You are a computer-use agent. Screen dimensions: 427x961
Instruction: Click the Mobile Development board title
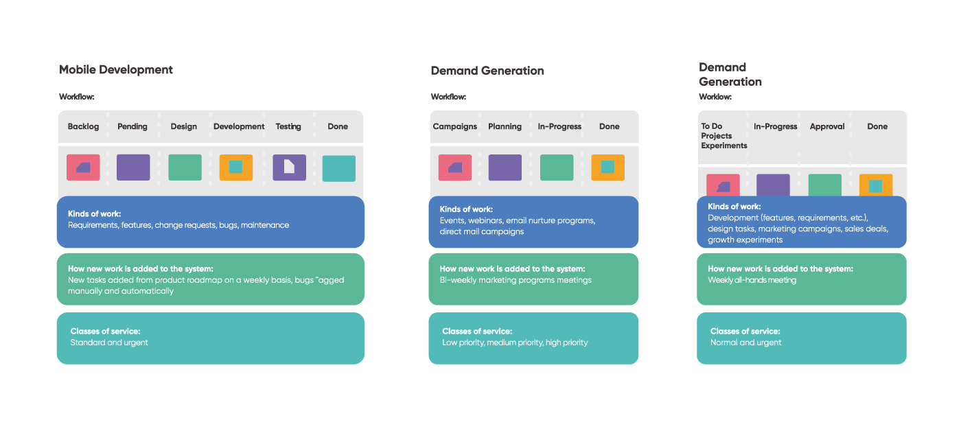pos(115,70)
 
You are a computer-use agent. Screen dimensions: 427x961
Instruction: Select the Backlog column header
pos(83,126)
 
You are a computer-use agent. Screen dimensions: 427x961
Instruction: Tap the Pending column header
pos(132,126)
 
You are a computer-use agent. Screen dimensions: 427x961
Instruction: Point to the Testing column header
pos(288,126)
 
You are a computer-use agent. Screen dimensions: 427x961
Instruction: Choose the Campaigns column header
pos(455,126)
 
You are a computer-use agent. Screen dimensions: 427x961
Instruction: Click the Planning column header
pos(505,126)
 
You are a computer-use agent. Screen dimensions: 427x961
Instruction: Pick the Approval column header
pos(826,126)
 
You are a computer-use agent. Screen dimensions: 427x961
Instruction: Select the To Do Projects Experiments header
pos(724,136)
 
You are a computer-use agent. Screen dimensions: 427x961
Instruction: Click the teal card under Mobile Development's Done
pos(339,168)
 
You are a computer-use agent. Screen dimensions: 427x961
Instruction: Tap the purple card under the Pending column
pos(133,168)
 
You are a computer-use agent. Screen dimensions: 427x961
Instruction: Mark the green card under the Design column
pos(185,168)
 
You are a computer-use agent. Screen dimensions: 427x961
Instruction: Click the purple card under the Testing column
pos(289,168)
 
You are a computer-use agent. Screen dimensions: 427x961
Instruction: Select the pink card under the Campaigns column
pos(455,168)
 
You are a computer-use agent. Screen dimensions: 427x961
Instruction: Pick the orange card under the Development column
pos(236,168)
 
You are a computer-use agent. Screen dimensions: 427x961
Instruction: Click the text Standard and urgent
pos(109,343)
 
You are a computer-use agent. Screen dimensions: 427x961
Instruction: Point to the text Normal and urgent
pos(745,343)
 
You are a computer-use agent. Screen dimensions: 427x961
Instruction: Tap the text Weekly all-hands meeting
pos(752,280)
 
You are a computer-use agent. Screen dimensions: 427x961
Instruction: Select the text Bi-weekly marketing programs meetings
pos(516,280)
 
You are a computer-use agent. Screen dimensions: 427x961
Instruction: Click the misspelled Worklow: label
pos(715,97)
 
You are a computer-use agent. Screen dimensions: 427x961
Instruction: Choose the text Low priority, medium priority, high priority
pos(515,343)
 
